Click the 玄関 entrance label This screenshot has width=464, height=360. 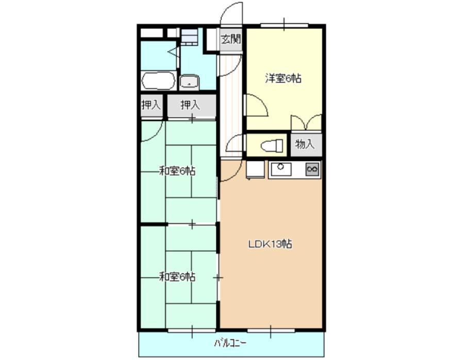point(231,39)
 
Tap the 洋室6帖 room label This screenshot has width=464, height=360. point(283,78)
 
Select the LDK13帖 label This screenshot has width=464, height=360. point(270,244)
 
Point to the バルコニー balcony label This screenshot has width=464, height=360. point(230,343)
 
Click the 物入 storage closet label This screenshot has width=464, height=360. point(305,144)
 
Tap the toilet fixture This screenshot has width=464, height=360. point(271,146)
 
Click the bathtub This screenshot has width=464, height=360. point(158,81)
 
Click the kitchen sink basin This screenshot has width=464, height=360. point(280,169)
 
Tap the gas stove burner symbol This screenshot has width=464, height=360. point(312,169)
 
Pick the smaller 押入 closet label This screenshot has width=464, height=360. point(151,105)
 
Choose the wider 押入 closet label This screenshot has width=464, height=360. point(190,105)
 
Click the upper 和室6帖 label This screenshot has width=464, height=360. point(177,171)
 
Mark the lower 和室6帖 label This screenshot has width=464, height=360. point(177,277)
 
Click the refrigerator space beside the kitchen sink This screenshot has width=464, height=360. point(255,169)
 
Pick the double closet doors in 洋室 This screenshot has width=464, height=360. point(306,122)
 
